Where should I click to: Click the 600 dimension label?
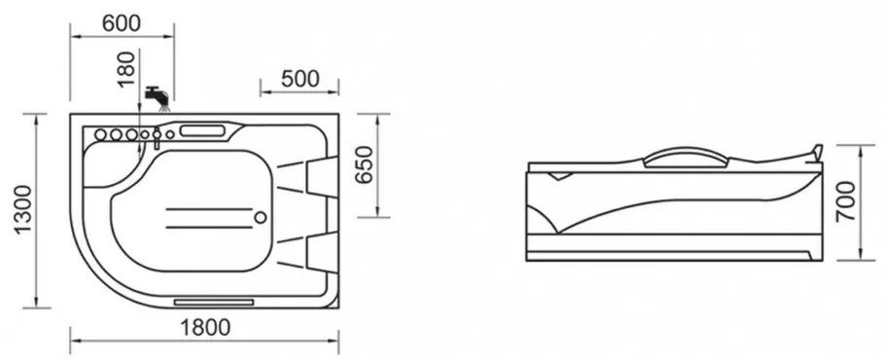pyautogui.click(x=122, y=23)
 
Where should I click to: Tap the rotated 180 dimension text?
pyautogui.click(x=127, y=68)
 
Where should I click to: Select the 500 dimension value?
pyautogui.click(x=300, y=79)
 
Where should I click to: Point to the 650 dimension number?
pyautogui.click(x=365, y=164)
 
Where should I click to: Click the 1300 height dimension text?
pyautogui.click(x=23, y=210)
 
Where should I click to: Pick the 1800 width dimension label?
pyautogui.click(x=205, y=327)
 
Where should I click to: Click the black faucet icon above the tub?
pyautogui.click(x=157, y=97)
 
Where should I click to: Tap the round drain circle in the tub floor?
pyautogui.click(x=261, y=217)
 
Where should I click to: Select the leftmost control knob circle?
pyautogui.click(x=100, y=135)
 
